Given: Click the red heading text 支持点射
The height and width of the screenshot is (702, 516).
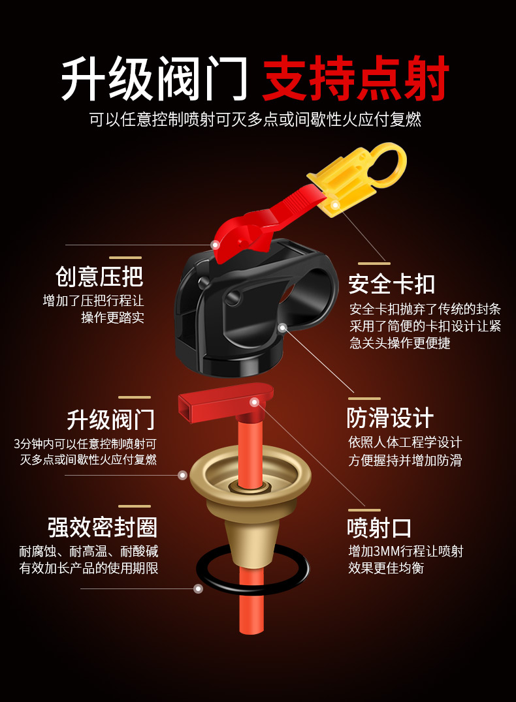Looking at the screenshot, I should click(356, 79).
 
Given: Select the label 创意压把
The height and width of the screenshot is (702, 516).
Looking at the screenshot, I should click(99, 276).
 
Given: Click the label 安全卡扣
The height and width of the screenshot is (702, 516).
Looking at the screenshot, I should click(391, 284).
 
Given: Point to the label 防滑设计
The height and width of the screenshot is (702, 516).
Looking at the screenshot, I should click(390, 418).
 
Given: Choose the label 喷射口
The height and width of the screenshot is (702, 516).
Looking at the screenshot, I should click(379, 528).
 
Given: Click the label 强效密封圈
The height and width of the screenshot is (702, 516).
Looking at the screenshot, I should click(103, 527).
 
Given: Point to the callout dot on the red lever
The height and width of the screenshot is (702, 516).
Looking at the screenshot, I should click(215, 245).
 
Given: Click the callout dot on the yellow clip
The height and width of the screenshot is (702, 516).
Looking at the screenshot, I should click(335, 205).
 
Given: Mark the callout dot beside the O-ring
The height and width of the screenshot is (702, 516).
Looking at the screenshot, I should click(199, 588).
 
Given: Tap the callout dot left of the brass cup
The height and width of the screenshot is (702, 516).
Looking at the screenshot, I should click(183, 475).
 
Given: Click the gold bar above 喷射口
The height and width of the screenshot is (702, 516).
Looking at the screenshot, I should click(364, 510).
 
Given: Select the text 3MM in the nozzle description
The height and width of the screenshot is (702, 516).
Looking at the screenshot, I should click(387, 551).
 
